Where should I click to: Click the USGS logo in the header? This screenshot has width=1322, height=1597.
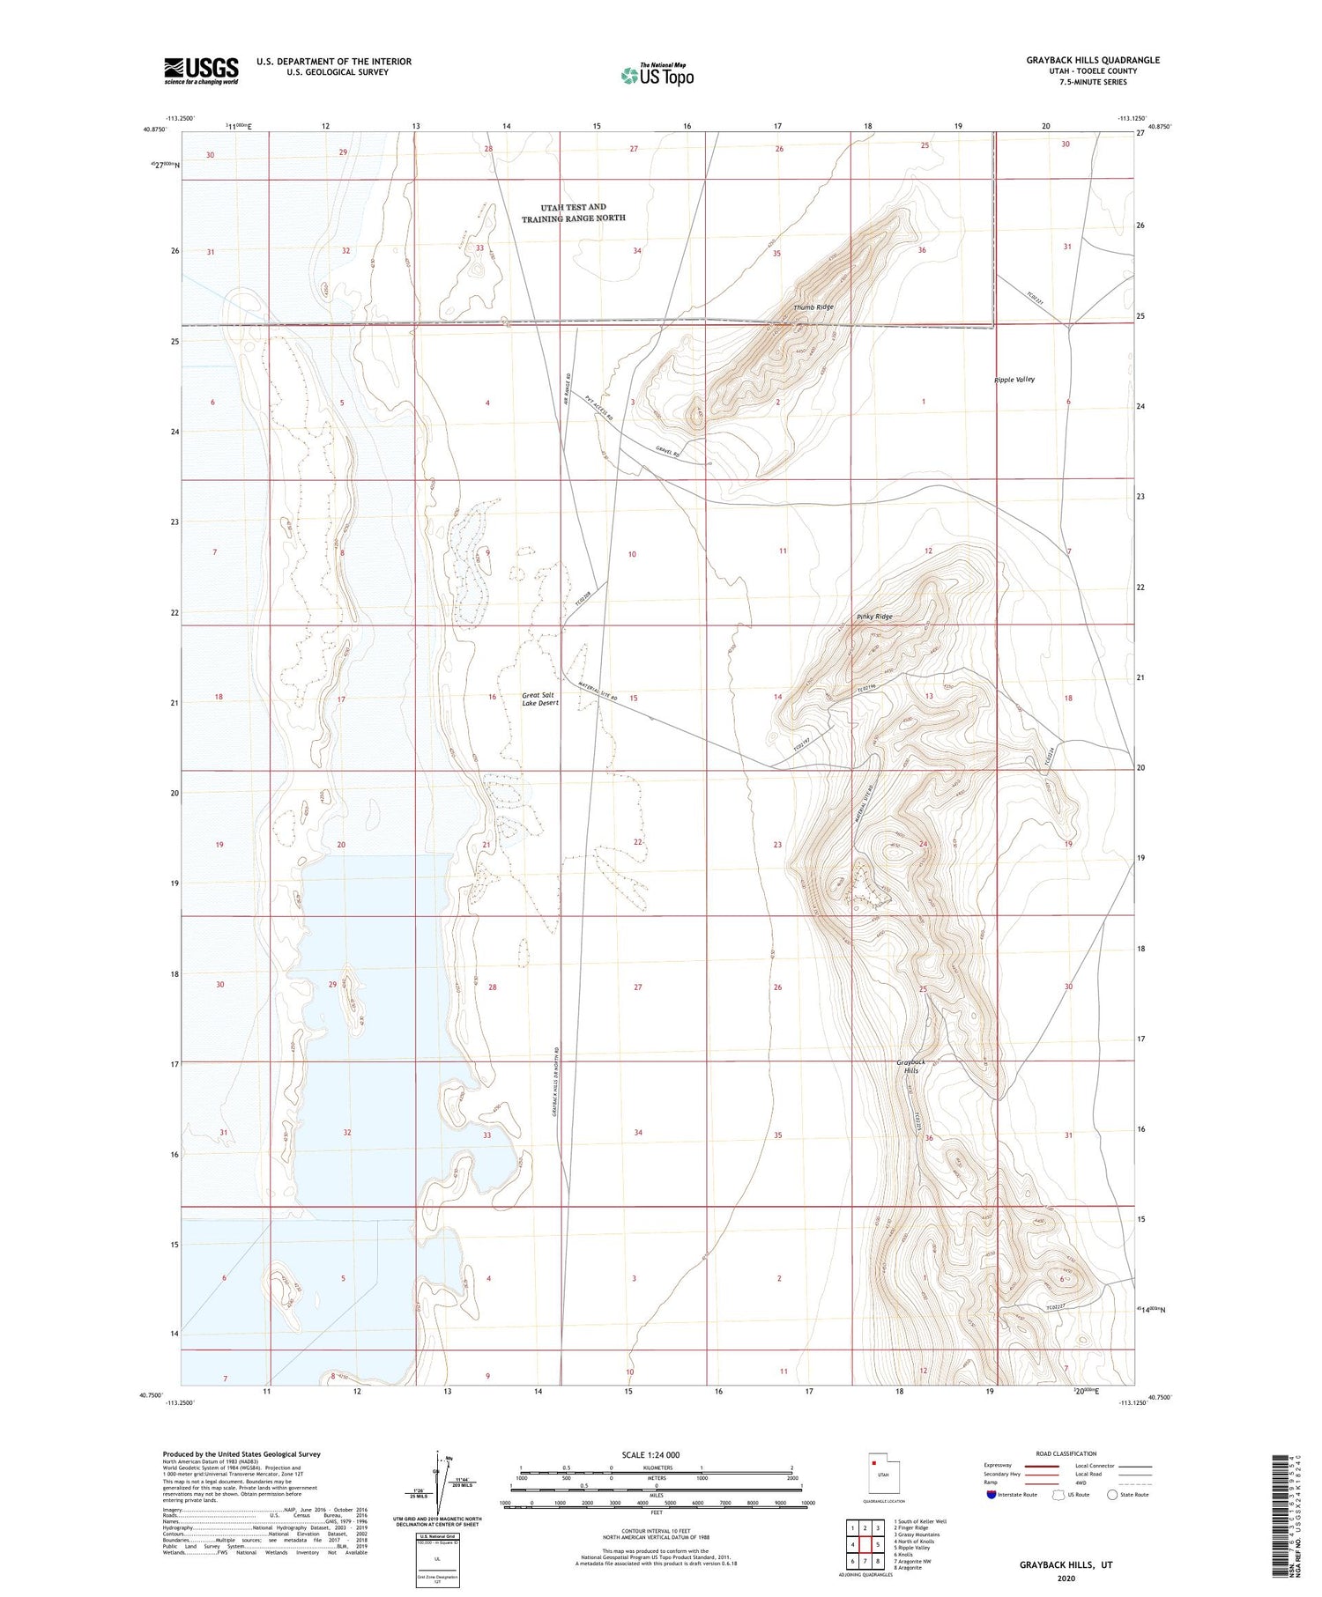coord(201,70)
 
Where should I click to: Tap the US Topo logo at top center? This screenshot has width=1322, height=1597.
coord(657,76)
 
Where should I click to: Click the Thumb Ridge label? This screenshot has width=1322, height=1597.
coord(813,307)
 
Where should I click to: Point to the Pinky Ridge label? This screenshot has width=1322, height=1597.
coord(874,617)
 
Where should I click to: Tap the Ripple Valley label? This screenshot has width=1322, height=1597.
coord(1014,380)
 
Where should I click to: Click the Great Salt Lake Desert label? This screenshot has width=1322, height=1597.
coord(539,699)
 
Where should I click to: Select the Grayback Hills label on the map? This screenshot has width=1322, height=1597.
coord(910,1066)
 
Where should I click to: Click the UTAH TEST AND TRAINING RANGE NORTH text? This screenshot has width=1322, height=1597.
coord(573,213)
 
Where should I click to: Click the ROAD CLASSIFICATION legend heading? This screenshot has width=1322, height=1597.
coord(1066,1453)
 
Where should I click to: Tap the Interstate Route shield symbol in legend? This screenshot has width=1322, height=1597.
coord(991,1494)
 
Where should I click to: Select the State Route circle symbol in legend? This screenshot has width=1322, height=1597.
coord(1112,1494)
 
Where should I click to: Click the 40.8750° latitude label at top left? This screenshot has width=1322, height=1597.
coord(153,128)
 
